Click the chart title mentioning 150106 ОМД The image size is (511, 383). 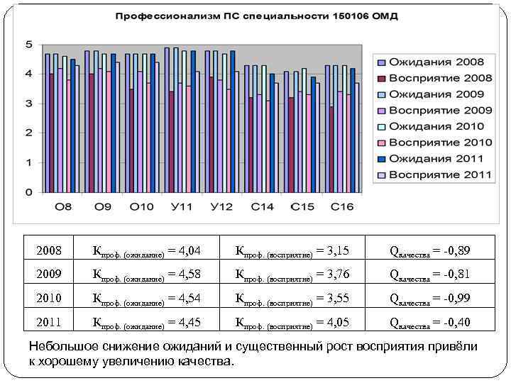[256, 16]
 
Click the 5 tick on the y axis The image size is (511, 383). [28, 44]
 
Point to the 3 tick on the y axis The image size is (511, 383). [28, 104]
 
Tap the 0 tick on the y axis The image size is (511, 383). [28, 192]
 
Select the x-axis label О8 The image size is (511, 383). [63, 207]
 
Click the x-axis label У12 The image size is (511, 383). [221, 207]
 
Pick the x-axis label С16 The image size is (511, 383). [341, 207]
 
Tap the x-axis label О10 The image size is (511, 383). [142, 207]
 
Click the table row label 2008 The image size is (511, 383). [50, 251]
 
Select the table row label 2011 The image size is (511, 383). [50, 323]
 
